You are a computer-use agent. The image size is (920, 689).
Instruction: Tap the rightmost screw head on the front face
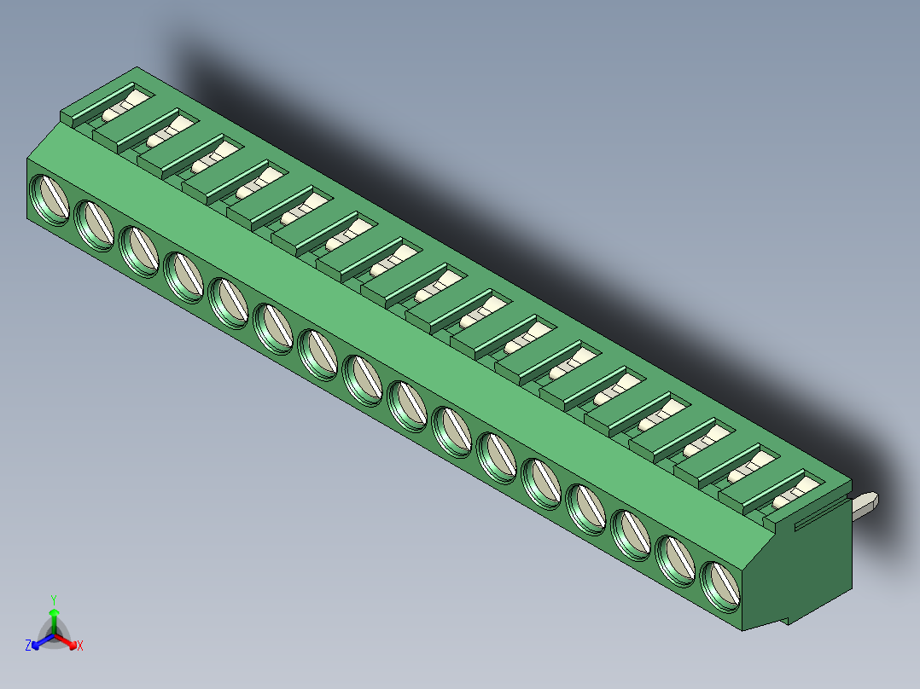tap(722, 586)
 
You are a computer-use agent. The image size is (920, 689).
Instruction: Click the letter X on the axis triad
tap(80, 646)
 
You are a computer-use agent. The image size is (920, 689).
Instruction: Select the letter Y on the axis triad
tap(54, 599)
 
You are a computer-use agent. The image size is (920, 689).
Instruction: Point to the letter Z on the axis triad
tap(28, 646)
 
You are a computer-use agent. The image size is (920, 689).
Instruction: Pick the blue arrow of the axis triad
tap(40, 640)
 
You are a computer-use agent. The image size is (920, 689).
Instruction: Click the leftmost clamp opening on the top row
tap(120, 108)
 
